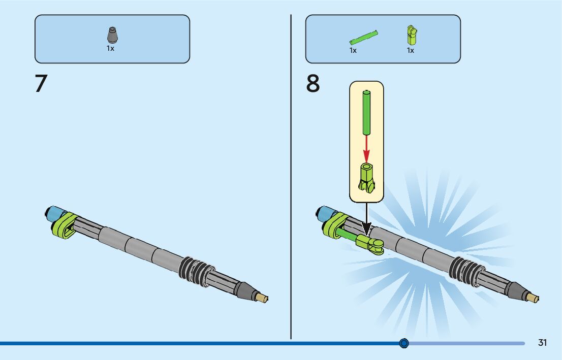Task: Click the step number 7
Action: point(41,84)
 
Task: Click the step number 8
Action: point(313,84)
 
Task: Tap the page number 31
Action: point(542,343)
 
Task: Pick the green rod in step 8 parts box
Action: point(364,38)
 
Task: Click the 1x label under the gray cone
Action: point(110,48)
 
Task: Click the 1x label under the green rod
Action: point(353,50)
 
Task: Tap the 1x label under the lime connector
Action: point(410,50)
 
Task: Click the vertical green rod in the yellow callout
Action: point(366,112)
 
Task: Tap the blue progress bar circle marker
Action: point(404,343)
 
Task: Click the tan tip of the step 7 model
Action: point(263,298)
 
